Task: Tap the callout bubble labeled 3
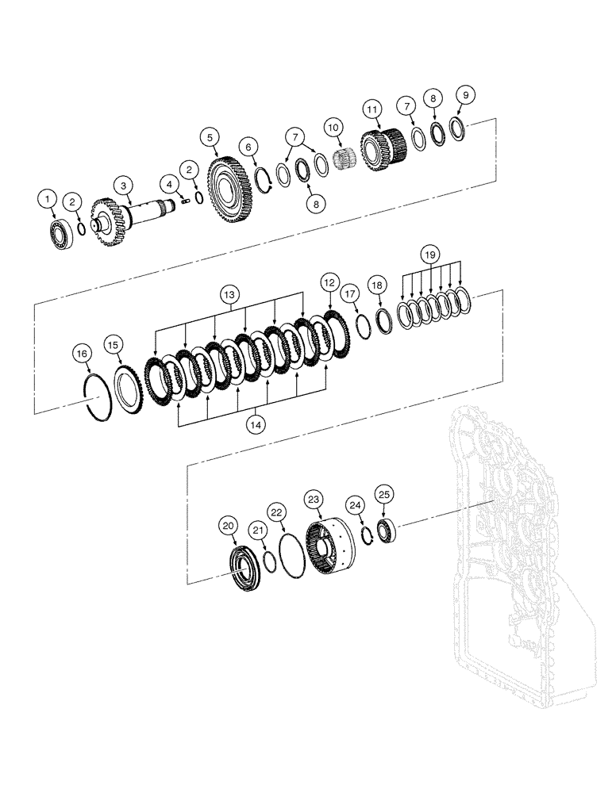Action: tap(124, 185)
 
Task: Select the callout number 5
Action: tap(210, 137)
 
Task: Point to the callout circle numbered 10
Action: tap(333, 127)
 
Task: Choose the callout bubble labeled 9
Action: tap(465, 94)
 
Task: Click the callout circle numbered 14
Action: tap(255, 424)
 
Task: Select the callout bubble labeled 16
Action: tap(82, 352)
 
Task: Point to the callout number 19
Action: tap(429, 255)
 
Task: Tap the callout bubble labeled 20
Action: tap(229, 525)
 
